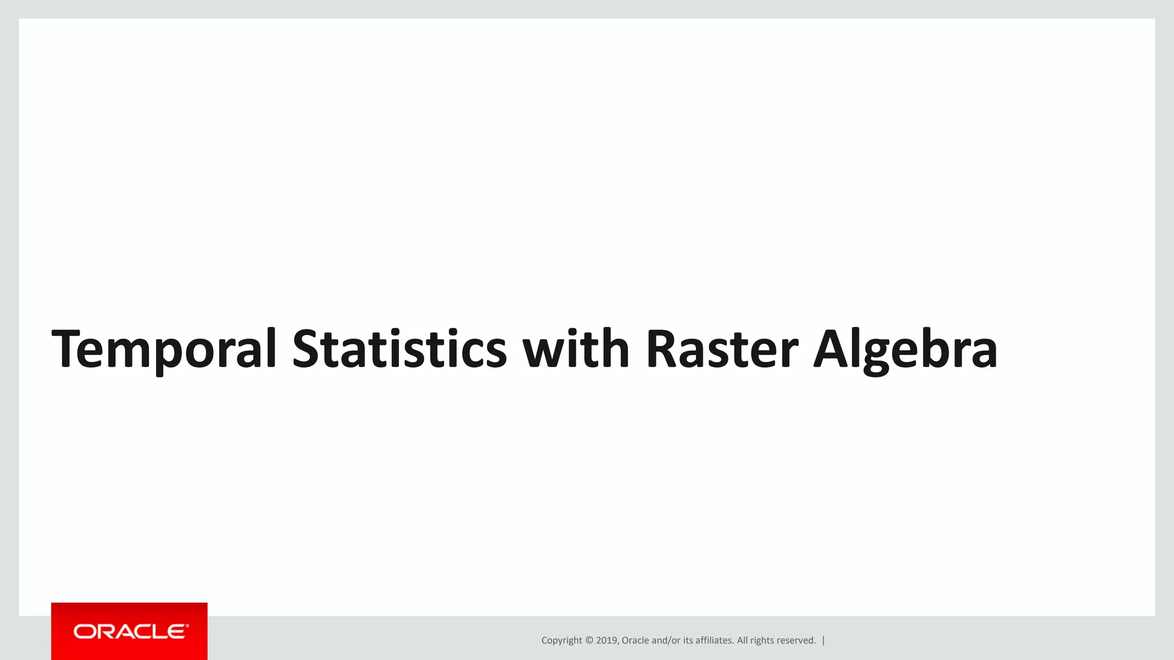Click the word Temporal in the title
point(165,349)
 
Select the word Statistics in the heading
point(400,349)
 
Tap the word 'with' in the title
point(576,349)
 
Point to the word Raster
point(722,349)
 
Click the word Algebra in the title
point(906,349)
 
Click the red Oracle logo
point(130,631)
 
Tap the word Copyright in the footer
point(561,641)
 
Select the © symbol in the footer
point(589,641)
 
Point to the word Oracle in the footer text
point(635,641)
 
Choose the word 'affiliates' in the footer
point(714,641)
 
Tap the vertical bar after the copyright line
point(824,641)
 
